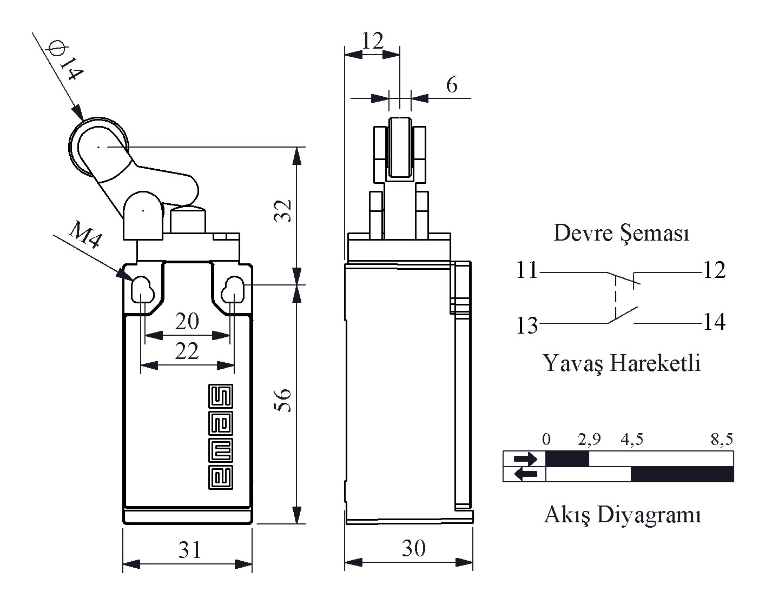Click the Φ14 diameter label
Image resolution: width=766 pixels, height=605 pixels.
65,61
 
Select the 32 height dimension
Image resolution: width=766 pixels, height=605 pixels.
283,211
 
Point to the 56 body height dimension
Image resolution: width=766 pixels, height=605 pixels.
283,400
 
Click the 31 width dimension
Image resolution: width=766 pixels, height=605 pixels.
190,550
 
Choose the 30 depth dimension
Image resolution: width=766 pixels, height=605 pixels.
414,548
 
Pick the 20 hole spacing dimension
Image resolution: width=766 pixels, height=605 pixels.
187,321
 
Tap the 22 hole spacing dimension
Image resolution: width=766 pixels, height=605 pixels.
187,351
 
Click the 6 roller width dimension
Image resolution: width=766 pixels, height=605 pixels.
452,85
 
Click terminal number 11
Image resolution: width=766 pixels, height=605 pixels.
527,270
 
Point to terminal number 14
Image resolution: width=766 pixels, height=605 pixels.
715,322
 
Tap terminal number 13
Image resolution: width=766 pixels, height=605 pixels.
527,325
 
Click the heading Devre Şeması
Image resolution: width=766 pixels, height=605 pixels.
622,233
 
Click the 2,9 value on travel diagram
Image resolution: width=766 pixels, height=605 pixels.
589,440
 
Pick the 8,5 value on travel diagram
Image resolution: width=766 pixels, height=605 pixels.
722,440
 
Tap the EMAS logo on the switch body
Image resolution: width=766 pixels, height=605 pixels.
220,436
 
